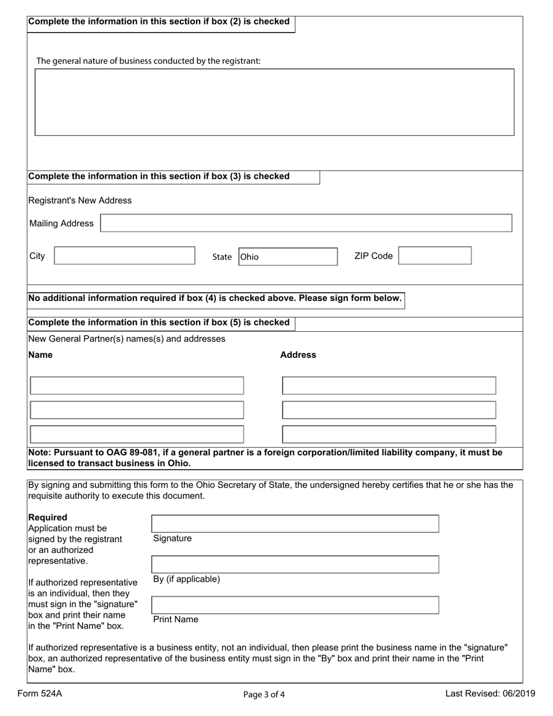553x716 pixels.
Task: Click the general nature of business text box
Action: pyautogui.click(x=274, y=102)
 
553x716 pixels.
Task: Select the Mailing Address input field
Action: pyautogui.click(x=306, y=224)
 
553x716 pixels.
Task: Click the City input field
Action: pyautogui.click(x=125, y=256)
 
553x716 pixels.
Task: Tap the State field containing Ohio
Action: pyautogui.click(x=288, y=257)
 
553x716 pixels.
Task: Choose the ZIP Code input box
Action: pyautogui.click(x=434, y=256)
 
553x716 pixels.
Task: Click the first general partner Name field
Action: pyautogui.click(x=137, y=386)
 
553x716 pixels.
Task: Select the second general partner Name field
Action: pyautogui.click(x=137, y=410)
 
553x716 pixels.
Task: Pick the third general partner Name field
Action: pyautogui.click(x=137, y=435)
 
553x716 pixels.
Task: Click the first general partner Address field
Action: pyautogui.click(x=389, y=386)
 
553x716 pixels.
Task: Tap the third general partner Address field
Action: pyautogui.click(x=389, y=435)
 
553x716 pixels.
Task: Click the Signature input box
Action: pyautogui.click(x=295, y=524)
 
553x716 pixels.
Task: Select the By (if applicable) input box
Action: pyautogui.click(x=295, y=565)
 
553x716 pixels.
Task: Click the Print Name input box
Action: pyautogui.click(x=295, y=605)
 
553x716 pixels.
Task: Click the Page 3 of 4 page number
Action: pyautogui.click(x=265, y=694)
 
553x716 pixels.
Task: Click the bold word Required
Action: pyautogui.click(x=48, y=517)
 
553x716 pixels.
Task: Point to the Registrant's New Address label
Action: pyautogui.click(x=80, y=201)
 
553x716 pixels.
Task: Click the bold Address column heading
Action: pyautogui.click(x=298, y=355)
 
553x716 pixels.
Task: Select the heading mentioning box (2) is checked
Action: pyautogui.click(x=159, y=22)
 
